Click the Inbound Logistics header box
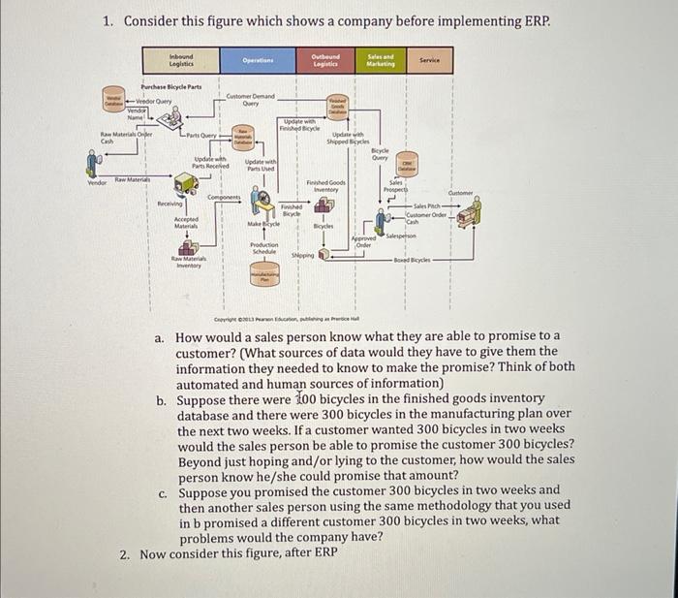pos(181,60)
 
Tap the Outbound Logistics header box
pos(325,60)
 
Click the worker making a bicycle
pos(260,202)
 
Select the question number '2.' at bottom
pos(125,553)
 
